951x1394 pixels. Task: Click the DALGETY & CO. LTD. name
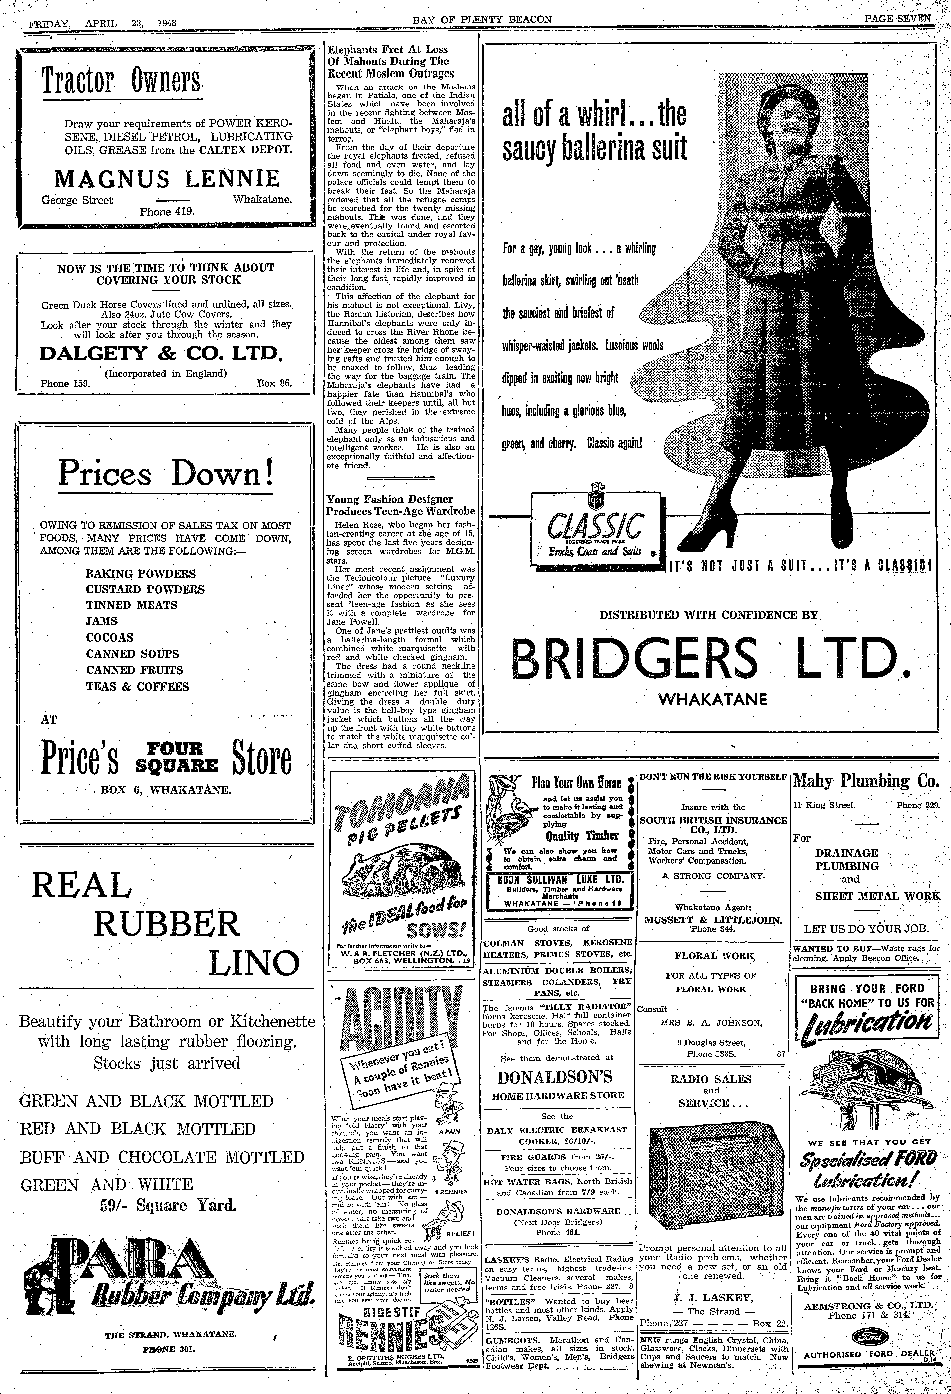pyautogui.click(x=160, y=353)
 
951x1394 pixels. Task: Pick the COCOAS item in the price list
pyautogui.click(x=110, y=638)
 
